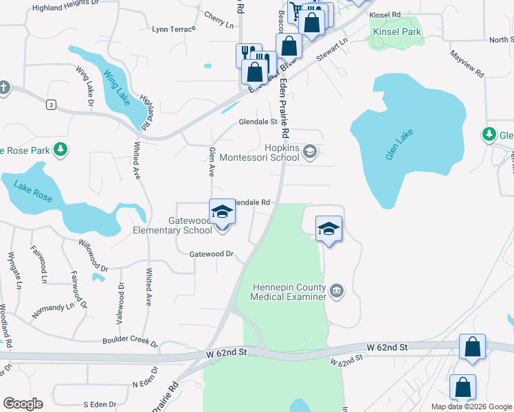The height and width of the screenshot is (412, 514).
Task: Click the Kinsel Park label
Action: coord(396,32)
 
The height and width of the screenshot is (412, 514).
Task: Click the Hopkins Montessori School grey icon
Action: coord(310,151)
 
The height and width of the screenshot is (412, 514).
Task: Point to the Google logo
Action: coord(23,404)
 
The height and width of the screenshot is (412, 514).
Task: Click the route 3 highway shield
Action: coord(51,104)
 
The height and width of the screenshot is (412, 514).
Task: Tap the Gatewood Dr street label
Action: coord(212,254)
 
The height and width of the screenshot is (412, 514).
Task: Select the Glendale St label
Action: coord(257,122)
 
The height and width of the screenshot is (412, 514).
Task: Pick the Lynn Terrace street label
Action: coord(174,29)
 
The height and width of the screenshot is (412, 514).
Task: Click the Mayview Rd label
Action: coord(467,62)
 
